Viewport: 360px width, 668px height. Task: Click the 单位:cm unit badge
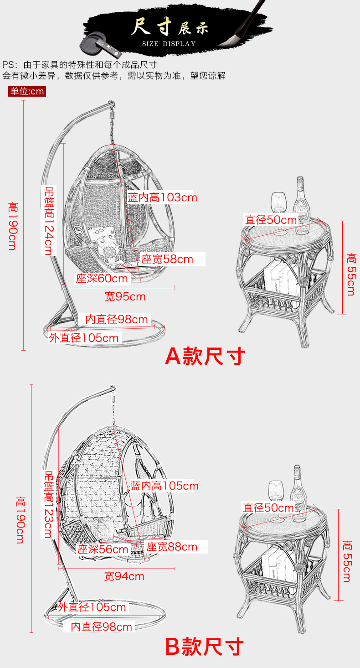(27, 91)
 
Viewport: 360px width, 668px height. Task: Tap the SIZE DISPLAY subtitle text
(169, 44)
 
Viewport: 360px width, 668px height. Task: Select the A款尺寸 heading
(205, 357)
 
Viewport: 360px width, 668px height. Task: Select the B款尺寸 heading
(205, 647)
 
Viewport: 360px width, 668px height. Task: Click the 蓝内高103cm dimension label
(162, 197)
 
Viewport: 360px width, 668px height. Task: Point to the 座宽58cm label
(167, 259)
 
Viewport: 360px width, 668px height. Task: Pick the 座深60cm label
(102, 278)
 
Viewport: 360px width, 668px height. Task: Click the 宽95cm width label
(125, 297)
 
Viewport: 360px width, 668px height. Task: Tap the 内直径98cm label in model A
(117, 319)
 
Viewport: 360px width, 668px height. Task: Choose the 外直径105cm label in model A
(84, 338)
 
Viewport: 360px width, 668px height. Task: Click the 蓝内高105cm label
(165, 486)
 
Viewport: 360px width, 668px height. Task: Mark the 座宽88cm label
(172, 547)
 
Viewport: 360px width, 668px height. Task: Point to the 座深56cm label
(103, 549)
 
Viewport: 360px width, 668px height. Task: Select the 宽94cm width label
(124, 576)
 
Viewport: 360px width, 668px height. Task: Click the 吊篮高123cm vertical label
(48, 504)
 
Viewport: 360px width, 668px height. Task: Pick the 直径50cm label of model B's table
(268, 507)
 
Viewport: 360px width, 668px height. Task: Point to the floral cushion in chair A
(105, 242)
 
